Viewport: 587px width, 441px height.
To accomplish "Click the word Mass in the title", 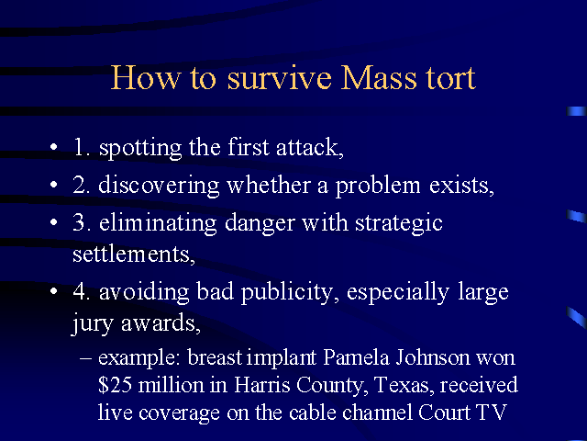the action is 379,77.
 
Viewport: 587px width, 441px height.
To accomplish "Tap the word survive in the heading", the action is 279,77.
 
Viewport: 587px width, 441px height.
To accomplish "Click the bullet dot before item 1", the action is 54,147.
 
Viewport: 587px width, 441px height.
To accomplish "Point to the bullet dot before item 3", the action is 54,222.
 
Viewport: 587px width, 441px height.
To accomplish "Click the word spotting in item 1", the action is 140,148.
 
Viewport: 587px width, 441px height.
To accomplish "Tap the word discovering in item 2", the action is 159,186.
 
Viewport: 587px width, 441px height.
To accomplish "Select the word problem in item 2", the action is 377,187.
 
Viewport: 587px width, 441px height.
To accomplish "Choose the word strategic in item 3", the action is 399,223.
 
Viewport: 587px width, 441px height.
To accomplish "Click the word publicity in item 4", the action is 286,293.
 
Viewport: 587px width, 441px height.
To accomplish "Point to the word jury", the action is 92,322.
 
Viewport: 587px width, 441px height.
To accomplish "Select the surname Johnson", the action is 432,357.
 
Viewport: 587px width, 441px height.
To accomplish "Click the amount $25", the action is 115,385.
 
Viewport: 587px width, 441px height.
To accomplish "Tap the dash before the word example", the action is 85,358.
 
